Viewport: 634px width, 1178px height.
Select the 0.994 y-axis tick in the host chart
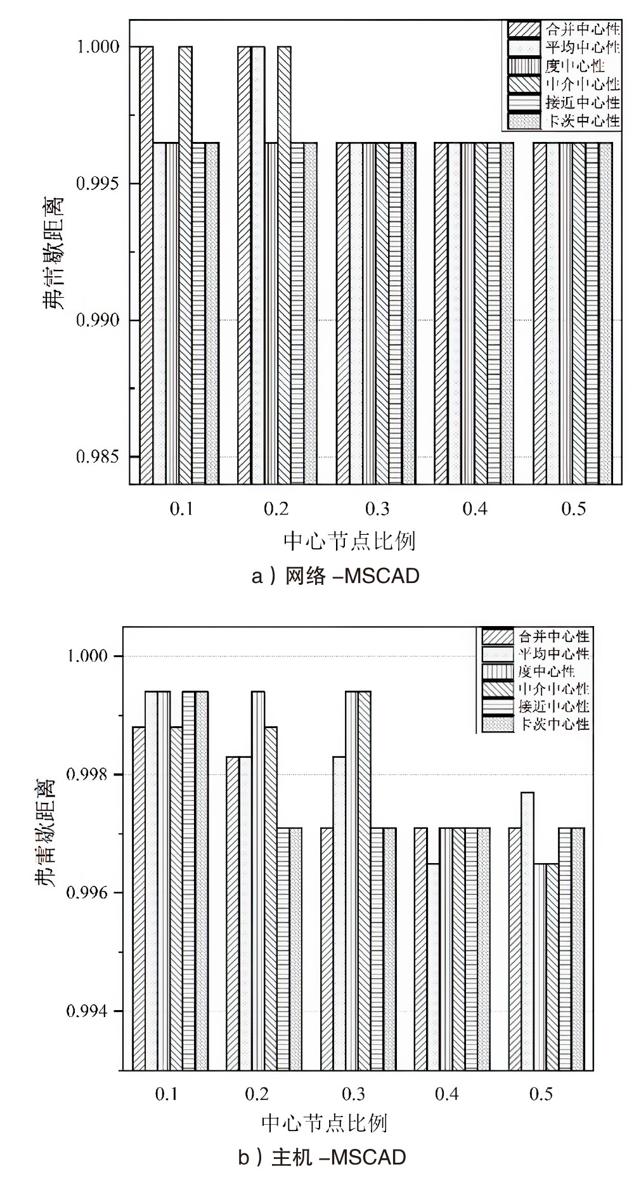point(87,1011)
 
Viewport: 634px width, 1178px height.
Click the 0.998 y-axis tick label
point(87,774)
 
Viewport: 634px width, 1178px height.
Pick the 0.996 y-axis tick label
point(87,892)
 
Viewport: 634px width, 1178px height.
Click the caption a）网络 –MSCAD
point(336,576)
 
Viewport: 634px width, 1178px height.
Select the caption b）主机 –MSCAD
point(322,1158)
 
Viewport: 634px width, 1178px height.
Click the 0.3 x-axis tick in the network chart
point(377,509)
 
